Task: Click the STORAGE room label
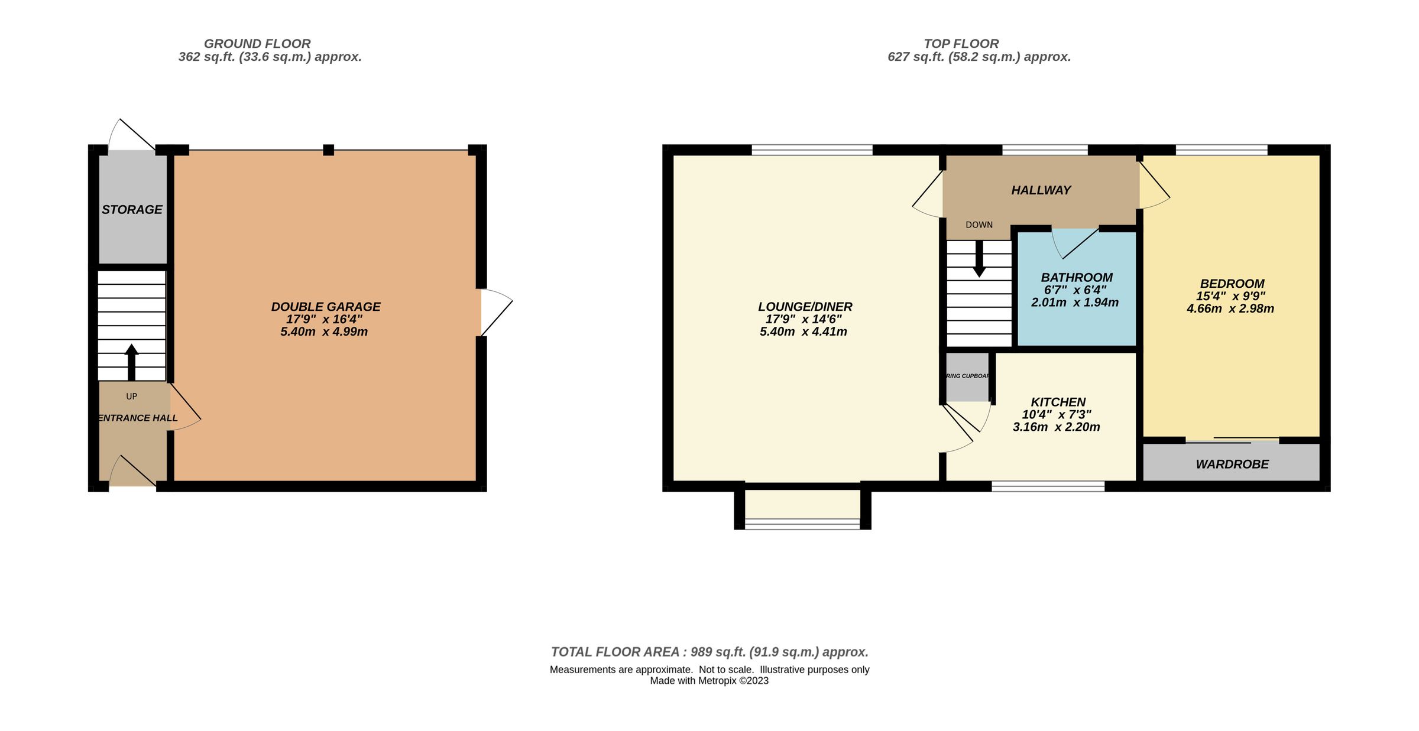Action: point(132,210)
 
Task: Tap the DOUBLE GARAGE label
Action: point(325,307)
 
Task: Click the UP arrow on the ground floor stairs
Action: point(131,362)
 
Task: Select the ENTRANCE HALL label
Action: point(137,418)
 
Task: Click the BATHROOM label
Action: point(1077,278)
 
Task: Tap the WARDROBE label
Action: point(1232,464)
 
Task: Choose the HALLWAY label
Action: point(1041,190)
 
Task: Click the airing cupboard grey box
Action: point(967,377)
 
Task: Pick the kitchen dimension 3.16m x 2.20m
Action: point(1056,427)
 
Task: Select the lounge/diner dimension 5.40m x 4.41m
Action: point(803,332)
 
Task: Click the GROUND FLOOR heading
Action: point(257,44)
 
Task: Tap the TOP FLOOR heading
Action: point(961,44)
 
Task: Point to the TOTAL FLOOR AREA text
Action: point(710,652)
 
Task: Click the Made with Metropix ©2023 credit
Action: point(709,681)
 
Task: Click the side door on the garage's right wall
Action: point(495,313)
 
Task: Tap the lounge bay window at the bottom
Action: point(802,522)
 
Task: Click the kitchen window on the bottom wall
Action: point(1048,486)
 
